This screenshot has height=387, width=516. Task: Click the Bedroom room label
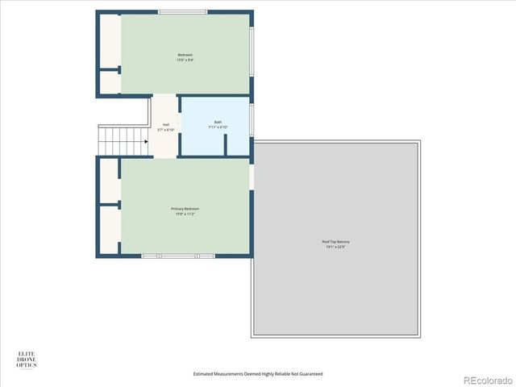coord(185,55)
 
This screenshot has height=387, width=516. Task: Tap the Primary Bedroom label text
coord(185,209)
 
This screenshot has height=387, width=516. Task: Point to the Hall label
coord(165,125)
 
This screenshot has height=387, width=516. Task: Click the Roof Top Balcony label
coord(336,242)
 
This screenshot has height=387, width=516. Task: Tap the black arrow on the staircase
coord(144,141)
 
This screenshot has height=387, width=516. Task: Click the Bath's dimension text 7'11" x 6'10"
coord(218,127)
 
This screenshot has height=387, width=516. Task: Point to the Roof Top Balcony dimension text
coord(336,248)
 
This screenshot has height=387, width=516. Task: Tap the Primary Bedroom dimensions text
coord(185,214)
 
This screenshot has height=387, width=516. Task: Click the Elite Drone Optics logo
coord(27,360)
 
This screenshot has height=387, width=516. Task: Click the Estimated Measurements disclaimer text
coord(258,374)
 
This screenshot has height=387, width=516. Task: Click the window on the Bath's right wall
coord(252,117)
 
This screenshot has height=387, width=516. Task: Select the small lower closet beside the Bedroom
coord(110,82)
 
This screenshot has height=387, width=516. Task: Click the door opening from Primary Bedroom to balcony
coord(252,176)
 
